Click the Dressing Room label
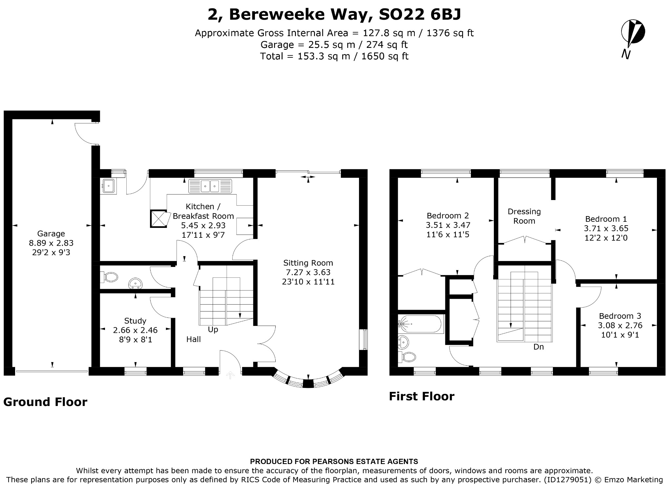tap(524, 216)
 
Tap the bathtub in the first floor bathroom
tap(421, 324)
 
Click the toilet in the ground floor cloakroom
tap(109, 277)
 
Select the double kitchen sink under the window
tap(210, 186)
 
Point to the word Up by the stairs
tap(213, 329)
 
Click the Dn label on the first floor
tap(538, 347)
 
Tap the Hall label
tap(194, 339)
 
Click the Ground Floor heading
tap(45, 402)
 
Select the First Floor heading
tap(422, 396)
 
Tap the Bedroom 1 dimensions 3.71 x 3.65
tap(606, 228)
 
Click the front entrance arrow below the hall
tap(230, 375)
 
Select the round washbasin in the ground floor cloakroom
tap(136, 283)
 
